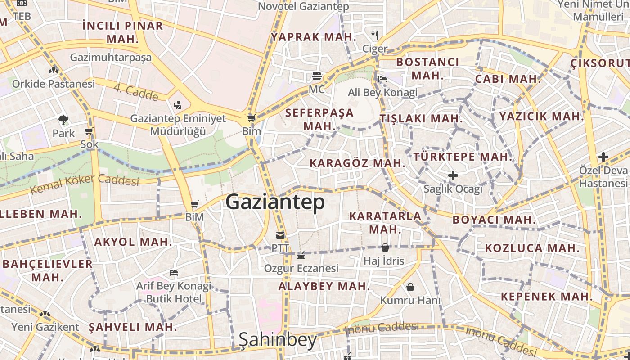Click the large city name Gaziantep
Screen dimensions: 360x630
(x=275, y=202)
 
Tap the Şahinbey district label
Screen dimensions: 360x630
(x=278, y=340)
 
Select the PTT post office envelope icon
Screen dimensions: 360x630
(x=280, y=235)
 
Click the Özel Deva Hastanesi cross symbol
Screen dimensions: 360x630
(x=603, y=157)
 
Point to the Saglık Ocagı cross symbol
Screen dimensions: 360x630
(x=453, y=175)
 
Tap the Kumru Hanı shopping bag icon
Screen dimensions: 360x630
(x=410, y=287)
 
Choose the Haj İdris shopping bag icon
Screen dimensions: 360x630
(x=385, y=247)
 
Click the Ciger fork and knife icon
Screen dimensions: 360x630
(x=375, y=36)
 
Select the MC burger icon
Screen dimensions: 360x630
(x=317, y=76)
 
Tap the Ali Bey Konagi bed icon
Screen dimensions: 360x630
(x=382, y=79)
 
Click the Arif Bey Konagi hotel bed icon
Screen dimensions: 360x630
(x=174, y=273)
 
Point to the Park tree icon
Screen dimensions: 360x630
(x=63, y=120)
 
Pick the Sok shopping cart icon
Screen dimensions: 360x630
(x=89, y=131)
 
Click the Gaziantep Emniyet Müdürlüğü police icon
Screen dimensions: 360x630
(x=178, y=105)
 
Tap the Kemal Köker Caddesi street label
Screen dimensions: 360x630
(x=84, y=184)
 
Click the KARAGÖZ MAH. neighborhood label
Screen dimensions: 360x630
(x=358, y=163)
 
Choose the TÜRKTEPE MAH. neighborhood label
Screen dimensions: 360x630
(x=463, y=157)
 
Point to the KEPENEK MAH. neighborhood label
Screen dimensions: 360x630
(x=547, y=297)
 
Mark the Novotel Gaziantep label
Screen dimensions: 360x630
(x=303, y=7)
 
